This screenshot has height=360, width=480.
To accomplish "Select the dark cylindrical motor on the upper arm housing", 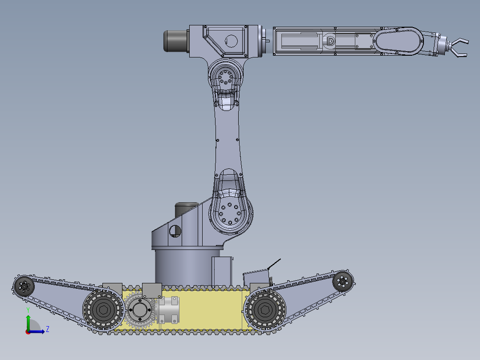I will pos(177,41).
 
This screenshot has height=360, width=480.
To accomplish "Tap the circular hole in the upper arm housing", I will pos(231,41).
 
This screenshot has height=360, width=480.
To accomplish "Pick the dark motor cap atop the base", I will pos(187,207).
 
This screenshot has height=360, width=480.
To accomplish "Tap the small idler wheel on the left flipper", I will pos(24,286).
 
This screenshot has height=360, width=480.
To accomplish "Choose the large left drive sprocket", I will pos(103,310).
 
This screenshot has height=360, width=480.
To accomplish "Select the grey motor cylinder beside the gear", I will pos(169,310).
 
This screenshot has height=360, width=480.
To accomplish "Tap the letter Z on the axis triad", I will pos(47,329).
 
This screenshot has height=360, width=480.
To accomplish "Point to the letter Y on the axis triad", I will pos(28,309).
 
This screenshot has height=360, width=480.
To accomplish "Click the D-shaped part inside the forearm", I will pos(330,41).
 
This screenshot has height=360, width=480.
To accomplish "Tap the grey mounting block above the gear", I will pos(152,290).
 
